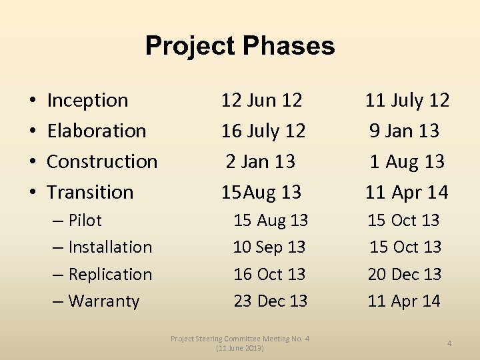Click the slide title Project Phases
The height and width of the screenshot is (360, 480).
coord(240,46)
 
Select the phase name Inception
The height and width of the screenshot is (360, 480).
coord(87,101)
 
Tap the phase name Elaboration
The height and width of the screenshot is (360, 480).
coord(97,131)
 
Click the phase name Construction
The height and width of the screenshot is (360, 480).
coord(102,161)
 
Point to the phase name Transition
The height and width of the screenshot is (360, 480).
coord(90,192)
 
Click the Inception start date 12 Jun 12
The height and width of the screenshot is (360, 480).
coord(262,101)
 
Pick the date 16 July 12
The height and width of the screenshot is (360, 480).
coord(263,131)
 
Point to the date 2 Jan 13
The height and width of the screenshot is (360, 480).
coord(261,161)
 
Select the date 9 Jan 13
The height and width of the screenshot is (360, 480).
coord(405,131)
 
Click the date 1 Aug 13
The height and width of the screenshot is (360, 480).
coord(407,161)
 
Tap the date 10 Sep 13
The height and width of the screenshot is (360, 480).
coord(269,247)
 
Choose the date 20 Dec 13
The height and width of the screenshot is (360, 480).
coord(405,274)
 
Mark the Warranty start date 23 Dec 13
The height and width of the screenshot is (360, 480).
coord(271,301)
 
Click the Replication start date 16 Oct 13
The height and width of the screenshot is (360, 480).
coord(269,274)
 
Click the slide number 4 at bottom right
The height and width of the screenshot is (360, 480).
coord(449,343)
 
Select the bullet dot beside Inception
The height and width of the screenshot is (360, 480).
coord(33,101)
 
